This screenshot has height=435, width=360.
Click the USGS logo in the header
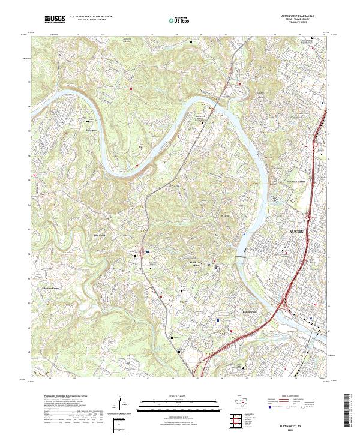coord(56,20)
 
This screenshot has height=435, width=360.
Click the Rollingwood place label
coord(233,311)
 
